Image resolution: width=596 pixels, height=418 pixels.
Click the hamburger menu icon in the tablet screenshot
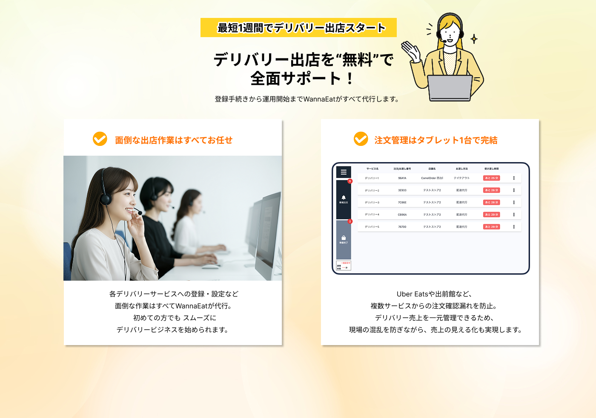pyautogui.click(x=344, y=172)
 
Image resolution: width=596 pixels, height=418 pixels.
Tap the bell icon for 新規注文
pyautogui.click(x=344, y=197)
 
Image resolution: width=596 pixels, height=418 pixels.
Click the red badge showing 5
pyautogui.click(x=350, y=181)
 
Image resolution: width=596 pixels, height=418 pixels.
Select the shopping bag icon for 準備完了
pyautogui.click(x=344, y=238)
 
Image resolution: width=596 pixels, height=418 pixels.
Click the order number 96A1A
pyautogui.click(x=402, y=178)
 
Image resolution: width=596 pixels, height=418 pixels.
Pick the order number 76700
pyautogui.click(x=402, y=227)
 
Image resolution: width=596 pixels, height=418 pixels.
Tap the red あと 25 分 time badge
pyautogui.click(x=491, y=178)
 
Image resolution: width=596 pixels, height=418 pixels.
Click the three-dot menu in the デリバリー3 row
pyautogui.click(x=514, y=203)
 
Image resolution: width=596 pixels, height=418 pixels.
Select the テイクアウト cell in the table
pyautogui.click(x=461, y=178)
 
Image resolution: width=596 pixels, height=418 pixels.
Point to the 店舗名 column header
pyautogui.click(x=432, y=169)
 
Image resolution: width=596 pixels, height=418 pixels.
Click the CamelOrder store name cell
pyautogui.click(x=432, y=178)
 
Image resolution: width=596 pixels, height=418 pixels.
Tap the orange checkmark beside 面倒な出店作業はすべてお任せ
pyautogui.click(x=100, y=139)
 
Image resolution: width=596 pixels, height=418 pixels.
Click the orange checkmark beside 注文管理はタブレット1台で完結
pyautogui.click(x=361, y=139)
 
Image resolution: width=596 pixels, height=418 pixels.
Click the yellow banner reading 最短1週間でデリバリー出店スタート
pyautogui.click(x=298, y=28)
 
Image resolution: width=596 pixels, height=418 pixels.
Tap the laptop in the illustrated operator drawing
pyautogui.click(x=450, y=87)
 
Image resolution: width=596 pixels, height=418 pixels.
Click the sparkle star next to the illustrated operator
pyautogui.click(x=474, y=39)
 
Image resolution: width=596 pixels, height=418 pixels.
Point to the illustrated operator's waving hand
pyautogui.click(x=410, y=51)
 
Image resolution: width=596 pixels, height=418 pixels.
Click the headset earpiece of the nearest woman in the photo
pyautogui.click(x=106, y=198)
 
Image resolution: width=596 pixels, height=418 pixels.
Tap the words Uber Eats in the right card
pyautogui.click(x=412, y=294)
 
